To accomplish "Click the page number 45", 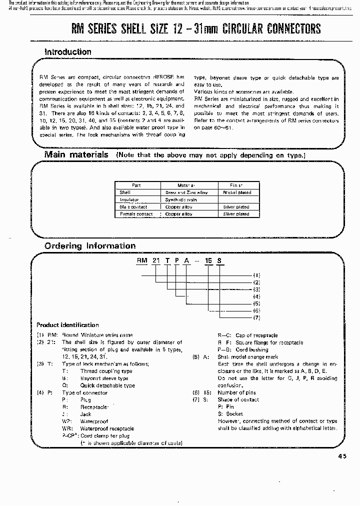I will pos(341,455).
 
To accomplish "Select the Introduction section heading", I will pos(68,52).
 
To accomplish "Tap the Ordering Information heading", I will pos(90,246).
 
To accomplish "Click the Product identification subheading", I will pos(67,325).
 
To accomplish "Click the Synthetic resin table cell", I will pos(181,199).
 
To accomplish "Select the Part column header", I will pos(136,185).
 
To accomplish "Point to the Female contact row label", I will pos(136,214).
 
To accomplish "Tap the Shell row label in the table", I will pos(124,192).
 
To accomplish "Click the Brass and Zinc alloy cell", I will pos(186,192).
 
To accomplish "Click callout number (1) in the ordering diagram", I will pos(256,275).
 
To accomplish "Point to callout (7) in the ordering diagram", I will pos(256,317).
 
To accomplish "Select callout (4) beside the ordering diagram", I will pos(256,296).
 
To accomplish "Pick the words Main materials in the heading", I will pos(76,155).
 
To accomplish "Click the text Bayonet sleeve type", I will pos(104,378).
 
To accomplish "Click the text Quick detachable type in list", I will pos(107,385).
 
